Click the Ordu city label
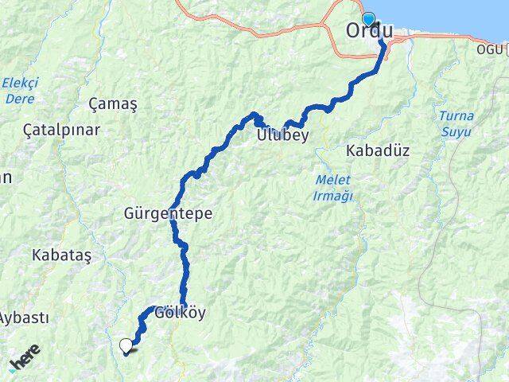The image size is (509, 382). (x=369, y=31)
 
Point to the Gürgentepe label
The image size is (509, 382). (x=157, y=213)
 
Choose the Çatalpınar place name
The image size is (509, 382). (x=50, y=129)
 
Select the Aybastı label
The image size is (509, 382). (x=22, y=318)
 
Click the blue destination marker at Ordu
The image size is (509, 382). (x=367, y=19)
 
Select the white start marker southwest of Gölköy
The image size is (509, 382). (x=126, y=345)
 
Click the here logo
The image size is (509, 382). (x=25, y=363)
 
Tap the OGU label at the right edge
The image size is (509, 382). (x=490, y=50)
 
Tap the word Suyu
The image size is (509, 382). (x=456, y=130)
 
